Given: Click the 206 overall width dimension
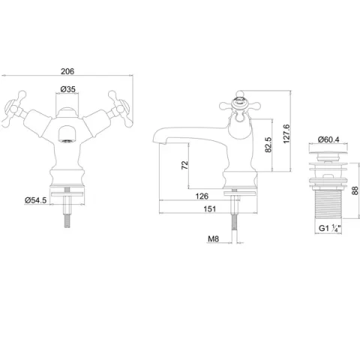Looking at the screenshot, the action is click(x=67, y=71).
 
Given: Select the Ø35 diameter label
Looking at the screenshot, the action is click(x=67, y=89).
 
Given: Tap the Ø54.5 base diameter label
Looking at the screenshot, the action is click(x=36, y=200).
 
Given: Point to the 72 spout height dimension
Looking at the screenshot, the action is click(x=184, y=165).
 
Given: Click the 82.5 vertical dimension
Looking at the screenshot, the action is click(x=268, y=145).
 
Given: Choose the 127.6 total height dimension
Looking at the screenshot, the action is click(x=286, y=134).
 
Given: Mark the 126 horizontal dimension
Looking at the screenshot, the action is click(x=202, y=196).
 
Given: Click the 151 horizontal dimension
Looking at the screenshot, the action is click(x=210, y=208).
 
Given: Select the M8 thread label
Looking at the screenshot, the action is click(x=213, y=239).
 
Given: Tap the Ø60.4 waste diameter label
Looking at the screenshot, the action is click(x=328, y=139).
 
